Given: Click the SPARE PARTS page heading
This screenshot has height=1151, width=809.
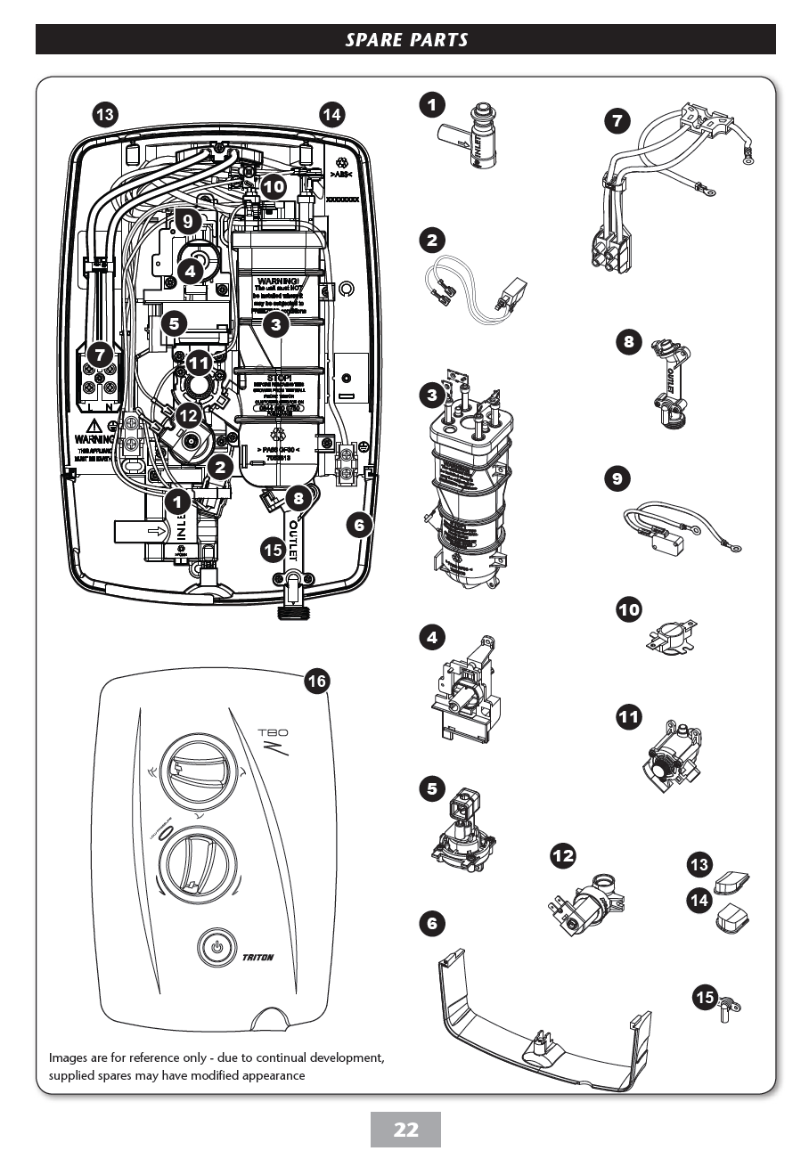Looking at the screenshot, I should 405,39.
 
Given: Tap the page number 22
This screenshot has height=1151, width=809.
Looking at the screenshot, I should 405,1130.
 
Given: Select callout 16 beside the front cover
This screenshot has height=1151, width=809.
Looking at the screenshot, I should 316,682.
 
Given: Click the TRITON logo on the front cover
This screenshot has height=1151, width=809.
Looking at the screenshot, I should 257,958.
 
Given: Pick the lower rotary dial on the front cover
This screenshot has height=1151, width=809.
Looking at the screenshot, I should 200,861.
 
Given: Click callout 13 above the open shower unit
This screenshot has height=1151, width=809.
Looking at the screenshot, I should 105,114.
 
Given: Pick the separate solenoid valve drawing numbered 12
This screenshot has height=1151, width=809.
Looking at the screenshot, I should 592,905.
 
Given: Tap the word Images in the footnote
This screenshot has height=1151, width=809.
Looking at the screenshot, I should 71,1058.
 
